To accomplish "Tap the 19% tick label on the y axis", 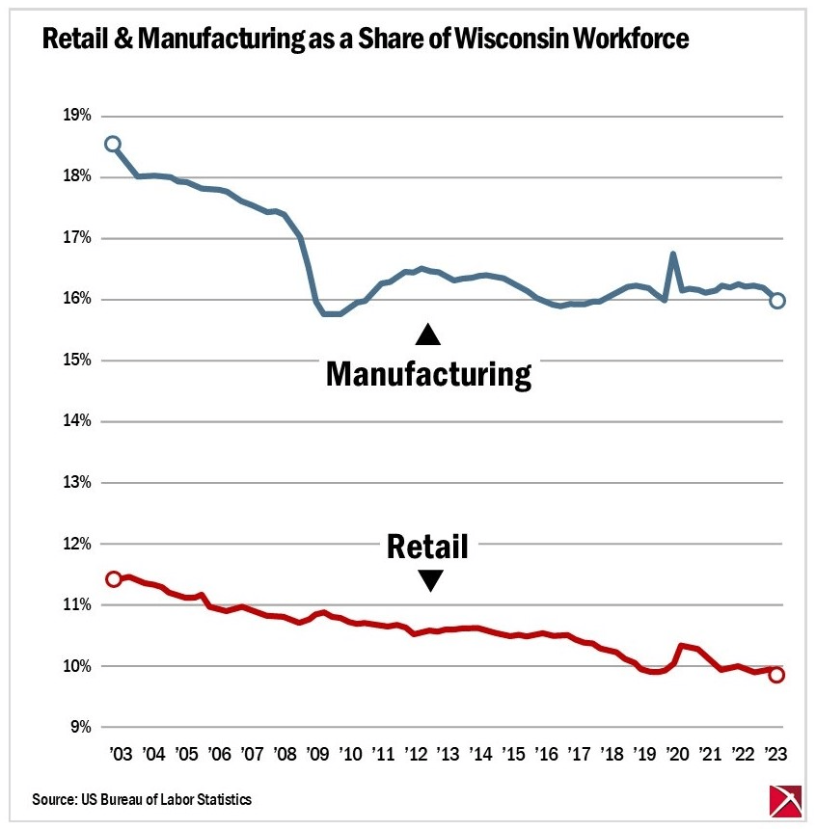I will tap(77, 116).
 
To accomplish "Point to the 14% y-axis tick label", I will tap(77, 421).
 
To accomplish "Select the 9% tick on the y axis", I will tap(81, 727).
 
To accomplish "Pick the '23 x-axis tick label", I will tap(775, 754).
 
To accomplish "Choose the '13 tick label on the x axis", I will tap(446, 754).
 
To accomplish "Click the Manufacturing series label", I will tap(428, 374).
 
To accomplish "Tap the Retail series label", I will tap(427, 547).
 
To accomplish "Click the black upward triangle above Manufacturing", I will tap(427, 334).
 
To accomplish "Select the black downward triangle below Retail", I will tap(429, 580).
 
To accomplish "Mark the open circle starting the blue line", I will tap(113, 145).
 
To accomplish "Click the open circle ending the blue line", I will tap(777, 301).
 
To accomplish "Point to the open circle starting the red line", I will tap(113, 578).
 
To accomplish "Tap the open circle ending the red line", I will tap(776, 675).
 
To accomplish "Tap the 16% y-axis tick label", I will tap(77, 299).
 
